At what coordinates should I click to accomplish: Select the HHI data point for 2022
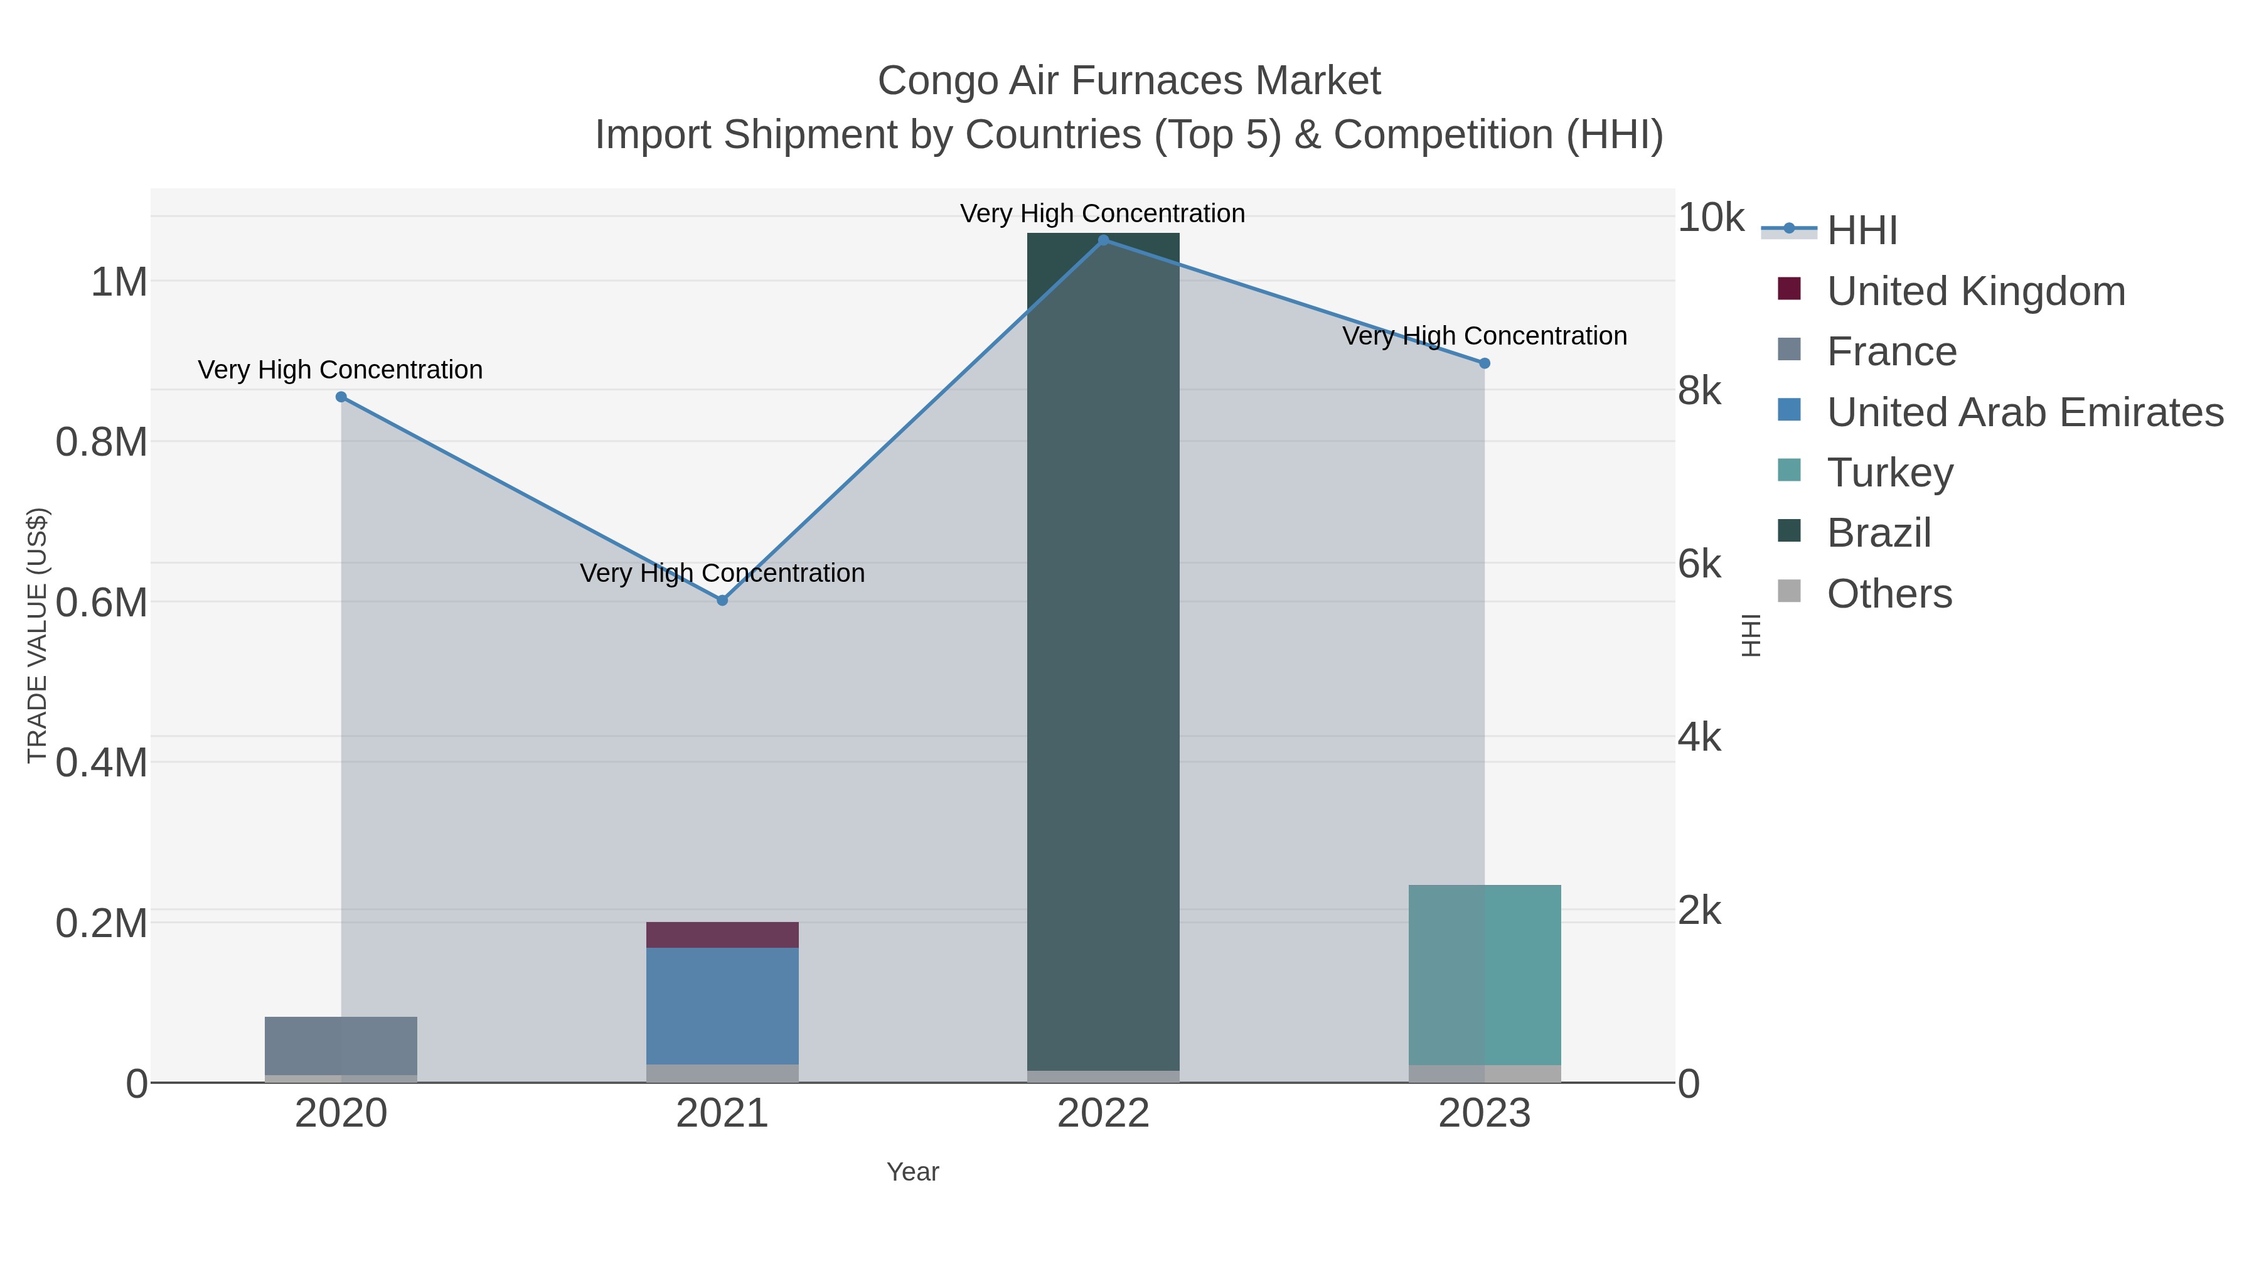point(1103,240)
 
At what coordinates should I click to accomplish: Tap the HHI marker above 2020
point(341,397)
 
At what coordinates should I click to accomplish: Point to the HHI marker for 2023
point(1485,363)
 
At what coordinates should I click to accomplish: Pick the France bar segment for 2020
point(341,1046)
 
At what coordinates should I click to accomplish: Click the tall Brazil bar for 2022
point(1103,649)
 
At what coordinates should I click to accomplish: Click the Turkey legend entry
point(1890,473)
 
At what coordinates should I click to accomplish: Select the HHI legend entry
point(1861,231)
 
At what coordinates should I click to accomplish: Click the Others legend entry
point(1889,594)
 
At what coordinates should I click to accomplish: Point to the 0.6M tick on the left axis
point(101,603)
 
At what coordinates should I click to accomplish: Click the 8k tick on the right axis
point(1699,390)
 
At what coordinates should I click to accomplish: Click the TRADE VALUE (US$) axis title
point(37,635)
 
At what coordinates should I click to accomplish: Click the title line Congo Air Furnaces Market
point(1129,81)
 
